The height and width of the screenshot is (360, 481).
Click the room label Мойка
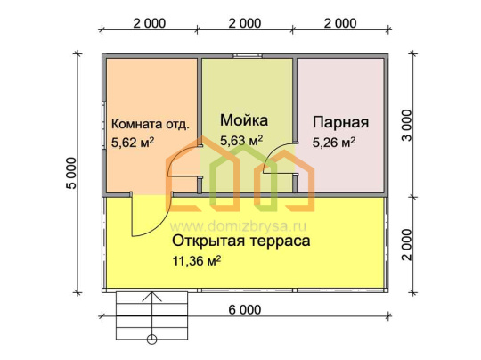pos(244,120)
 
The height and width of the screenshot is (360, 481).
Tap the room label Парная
pos(340,122)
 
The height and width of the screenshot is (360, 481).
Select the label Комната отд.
pos(150,124)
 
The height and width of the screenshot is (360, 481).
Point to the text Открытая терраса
pos(240,241)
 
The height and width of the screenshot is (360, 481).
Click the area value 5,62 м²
pos(133,143)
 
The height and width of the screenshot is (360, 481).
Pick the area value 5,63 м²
pos(241,140)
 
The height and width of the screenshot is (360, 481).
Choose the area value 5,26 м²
pos(334,143)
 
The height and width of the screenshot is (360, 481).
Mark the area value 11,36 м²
pos(196,261)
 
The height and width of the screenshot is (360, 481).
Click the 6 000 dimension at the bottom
pos(245,310)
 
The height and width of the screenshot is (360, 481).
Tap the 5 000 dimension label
pos(71,174)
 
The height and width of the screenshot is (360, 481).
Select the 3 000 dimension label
pos(407,125)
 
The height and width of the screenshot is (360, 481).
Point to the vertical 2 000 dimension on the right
pos(407,244)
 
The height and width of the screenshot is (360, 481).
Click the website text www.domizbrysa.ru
pos(238,227)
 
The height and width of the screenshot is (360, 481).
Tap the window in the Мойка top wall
pos(248,56)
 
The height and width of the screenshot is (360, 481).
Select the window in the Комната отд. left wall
pos(104,125)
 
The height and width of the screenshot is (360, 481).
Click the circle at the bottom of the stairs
pos(151,340)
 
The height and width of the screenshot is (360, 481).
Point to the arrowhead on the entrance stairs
pos(151,297)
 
